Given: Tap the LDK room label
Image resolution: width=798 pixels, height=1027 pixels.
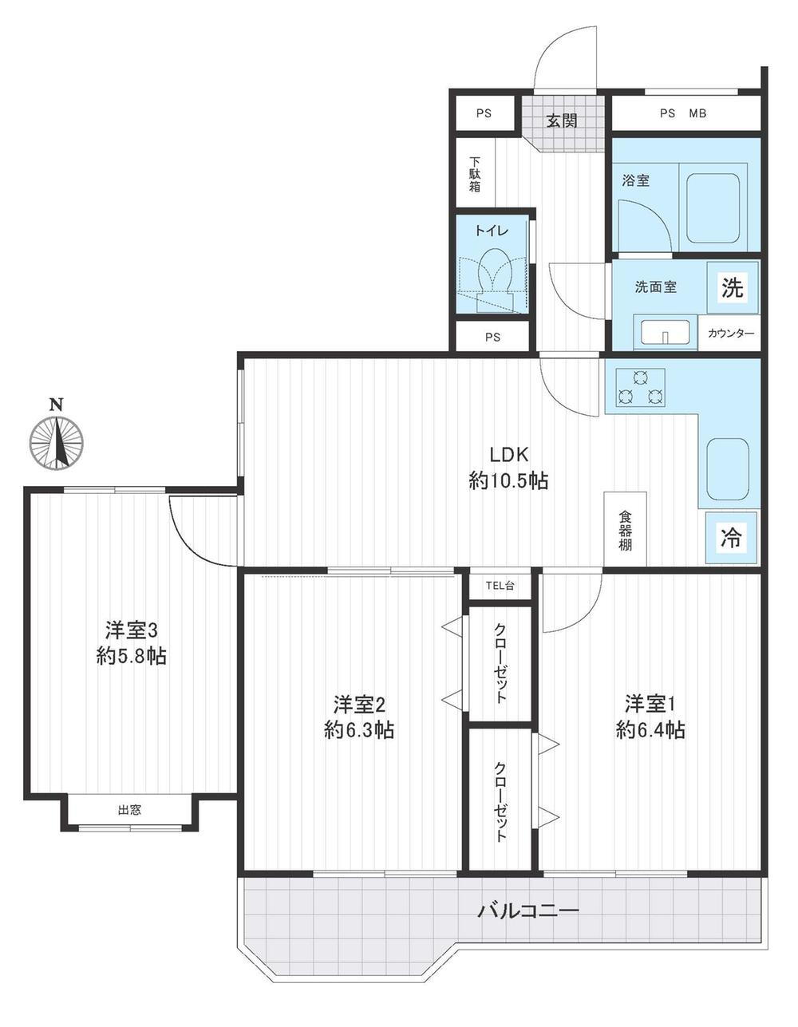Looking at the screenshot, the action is coord(508,455).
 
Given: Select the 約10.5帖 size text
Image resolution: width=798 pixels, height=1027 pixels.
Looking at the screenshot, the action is coord(508,481).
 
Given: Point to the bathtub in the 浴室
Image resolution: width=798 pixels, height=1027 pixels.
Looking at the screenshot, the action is coord(713,206).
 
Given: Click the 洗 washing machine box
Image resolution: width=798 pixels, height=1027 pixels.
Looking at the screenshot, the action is coord(733,287).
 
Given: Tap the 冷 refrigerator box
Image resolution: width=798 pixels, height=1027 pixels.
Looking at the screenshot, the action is coord(731,537).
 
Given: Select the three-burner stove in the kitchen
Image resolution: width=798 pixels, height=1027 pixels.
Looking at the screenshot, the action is coord(640,388).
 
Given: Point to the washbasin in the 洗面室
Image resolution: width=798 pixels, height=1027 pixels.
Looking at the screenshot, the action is coord(665,332).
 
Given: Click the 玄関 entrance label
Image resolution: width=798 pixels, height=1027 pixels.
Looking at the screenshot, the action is coord(562,121).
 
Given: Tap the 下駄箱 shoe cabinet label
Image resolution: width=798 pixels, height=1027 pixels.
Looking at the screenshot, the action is coord(475,174).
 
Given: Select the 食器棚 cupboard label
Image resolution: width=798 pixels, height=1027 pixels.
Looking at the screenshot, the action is coord(625,531).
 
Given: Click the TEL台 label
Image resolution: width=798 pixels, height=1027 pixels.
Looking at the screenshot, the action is coord(500,586).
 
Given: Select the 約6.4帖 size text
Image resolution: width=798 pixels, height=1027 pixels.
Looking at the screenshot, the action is coord(650,731).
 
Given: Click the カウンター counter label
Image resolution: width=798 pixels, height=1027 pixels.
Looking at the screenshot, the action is coord(731,334).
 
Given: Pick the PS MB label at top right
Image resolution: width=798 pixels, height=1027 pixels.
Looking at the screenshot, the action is coord(683,113).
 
